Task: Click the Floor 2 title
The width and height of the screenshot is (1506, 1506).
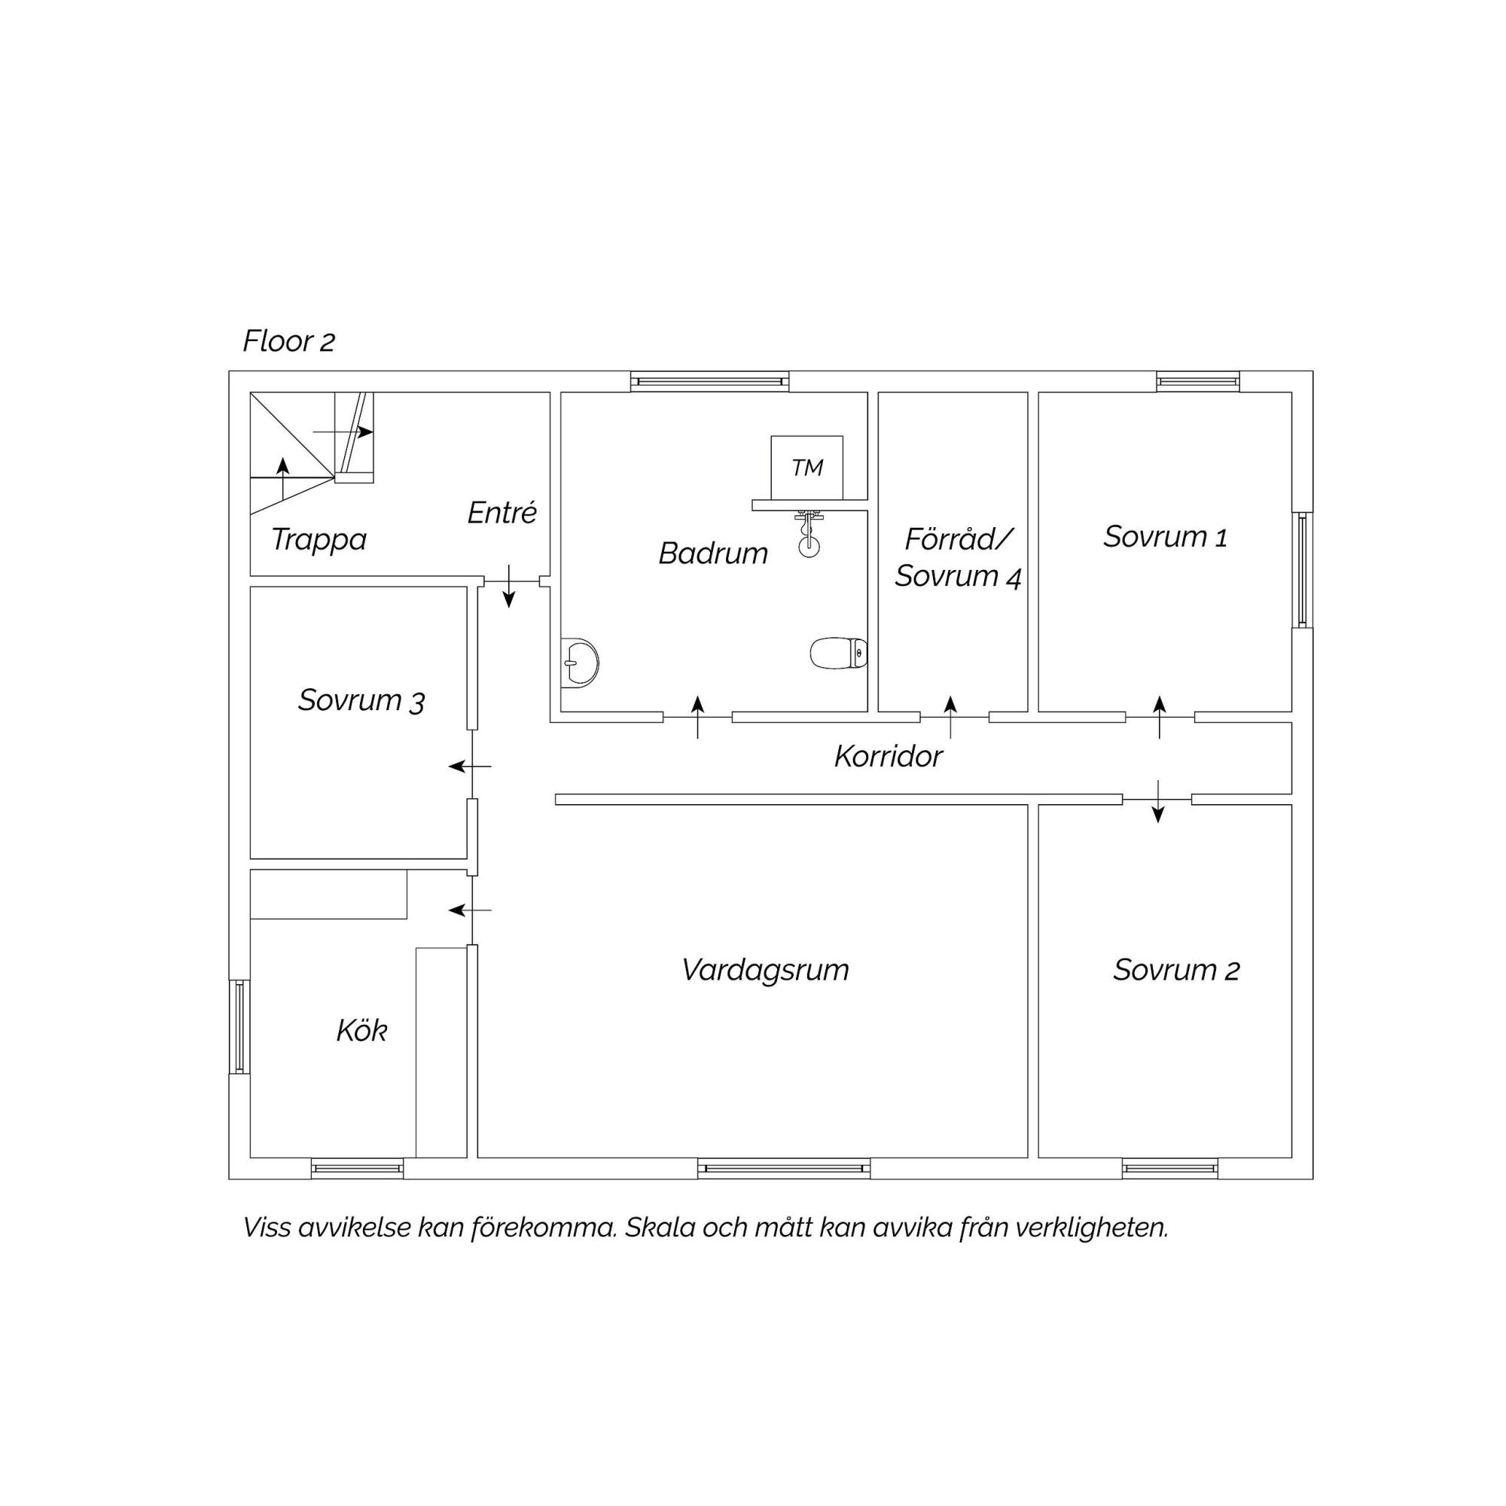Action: click(x=288, y=341)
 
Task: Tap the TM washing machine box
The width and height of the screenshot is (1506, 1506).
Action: click(x=806, y=468)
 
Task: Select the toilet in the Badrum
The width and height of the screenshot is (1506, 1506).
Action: click(x=839, y=653)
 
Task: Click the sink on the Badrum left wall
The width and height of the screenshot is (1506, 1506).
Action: click(x=579, y=663)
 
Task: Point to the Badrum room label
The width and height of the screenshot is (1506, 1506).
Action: click(x=713, y=553)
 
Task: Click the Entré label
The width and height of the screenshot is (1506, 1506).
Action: click(x=502, y=512)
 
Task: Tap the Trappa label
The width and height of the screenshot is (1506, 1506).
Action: click(x=319, y=539)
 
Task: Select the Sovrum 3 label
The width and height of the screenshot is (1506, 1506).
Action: click(x=361, y=700)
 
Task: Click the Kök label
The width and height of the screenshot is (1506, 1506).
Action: click(x=361, y=1031)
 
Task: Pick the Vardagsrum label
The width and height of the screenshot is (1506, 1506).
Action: click(x=766, y=971)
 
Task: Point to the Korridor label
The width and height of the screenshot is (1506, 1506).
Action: click(x=889, y=756)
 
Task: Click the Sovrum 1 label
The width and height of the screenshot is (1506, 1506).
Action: click(x=1166, y=536)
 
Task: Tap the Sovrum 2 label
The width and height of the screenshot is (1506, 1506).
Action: click(x=1176, y=970)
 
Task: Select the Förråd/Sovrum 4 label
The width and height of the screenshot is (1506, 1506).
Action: click(x=958, y=557)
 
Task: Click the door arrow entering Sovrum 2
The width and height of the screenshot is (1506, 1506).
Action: click(x=1158, y=801)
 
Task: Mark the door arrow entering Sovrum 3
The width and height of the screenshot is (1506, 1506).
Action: click(x=470, y=767)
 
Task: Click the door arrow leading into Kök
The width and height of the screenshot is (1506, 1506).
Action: click(x=470, y=910)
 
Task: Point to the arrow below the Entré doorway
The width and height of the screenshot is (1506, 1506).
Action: click(x=509, y=586)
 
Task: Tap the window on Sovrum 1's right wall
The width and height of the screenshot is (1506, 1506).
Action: click(x=1302, y=570)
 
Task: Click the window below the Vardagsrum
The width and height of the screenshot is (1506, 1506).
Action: click(x=783, y=1169)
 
